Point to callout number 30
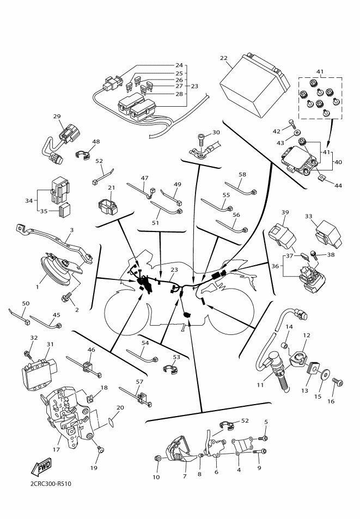click(x=216, y=132)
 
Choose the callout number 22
click(x=223, y=58)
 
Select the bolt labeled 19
click(x=99, y=450)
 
